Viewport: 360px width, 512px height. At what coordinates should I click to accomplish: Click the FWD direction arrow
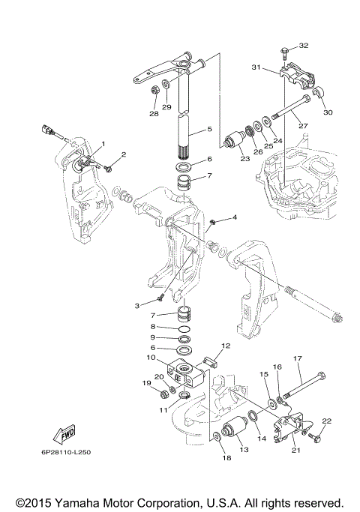coord(64,434)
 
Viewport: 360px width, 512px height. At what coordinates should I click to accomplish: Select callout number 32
coord(304,46)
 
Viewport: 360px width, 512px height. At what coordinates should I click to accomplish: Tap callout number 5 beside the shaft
coord(209,129)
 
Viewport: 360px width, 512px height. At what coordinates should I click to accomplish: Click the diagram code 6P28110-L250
coord(66,452)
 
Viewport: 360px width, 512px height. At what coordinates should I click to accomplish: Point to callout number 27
coord(303,126)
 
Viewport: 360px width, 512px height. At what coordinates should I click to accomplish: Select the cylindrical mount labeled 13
coord(235,428)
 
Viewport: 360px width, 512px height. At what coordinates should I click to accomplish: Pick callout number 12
coord(226,346)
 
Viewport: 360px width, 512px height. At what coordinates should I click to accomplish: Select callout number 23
coord(245,158)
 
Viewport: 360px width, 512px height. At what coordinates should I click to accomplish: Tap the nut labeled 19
coord(164,395)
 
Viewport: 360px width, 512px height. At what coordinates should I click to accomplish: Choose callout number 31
coord(256,67)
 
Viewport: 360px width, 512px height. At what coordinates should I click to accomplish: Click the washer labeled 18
coord(217,437)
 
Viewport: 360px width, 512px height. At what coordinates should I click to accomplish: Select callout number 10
coord(151,358)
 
